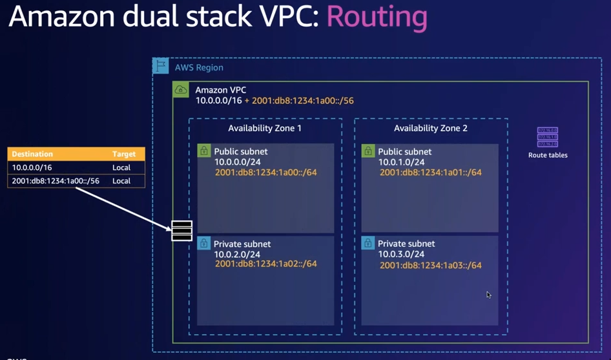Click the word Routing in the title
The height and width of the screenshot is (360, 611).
tap(377, 18)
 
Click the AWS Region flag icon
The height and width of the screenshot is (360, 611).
tap(160, 66)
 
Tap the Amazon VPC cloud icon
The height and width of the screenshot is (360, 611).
tap(181, 90)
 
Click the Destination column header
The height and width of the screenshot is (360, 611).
tap(32, 154)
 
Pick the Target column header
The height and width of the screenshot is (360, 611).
tap(124, 154)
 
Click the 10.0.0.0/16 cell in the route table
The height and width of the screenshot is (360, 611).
tap(31, 167)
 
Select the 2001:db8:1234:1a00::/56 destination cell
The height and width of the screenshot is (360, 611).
tap(56, 181)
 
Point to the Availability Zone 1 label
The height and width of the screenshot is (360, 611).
tap(265, 128)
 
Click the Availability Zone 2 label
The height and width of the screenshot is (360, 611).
tap(431, 128)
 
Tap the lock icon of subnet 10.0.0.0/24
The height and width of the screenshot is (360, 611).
tap(204, 151)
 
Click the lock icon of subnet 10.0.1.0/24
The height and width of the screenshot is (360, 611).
tap(368, 151)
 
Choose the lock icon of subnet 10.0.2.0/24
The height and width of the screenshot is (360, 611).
tap(204, 244)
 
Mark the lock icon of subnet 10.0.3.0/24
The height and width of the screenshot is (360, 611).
tap(368, 244)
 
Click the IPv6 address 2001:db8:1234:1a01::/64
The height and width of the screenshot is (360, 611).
tap(430, 173)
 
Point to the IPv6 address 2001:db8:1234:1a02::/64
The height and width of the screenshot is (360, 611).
tap(265, 264)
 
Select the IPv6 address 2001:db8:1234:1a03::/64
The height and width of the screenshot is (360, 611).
tap(430, 265)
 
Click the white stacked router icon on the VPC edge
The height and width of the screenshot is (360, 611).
tap(182, 230)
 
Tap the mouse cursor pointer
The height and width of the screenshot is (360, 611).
tap(489, 295)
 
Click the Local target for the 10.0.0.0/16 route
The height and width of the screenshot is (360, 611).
tap(121, 167)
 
